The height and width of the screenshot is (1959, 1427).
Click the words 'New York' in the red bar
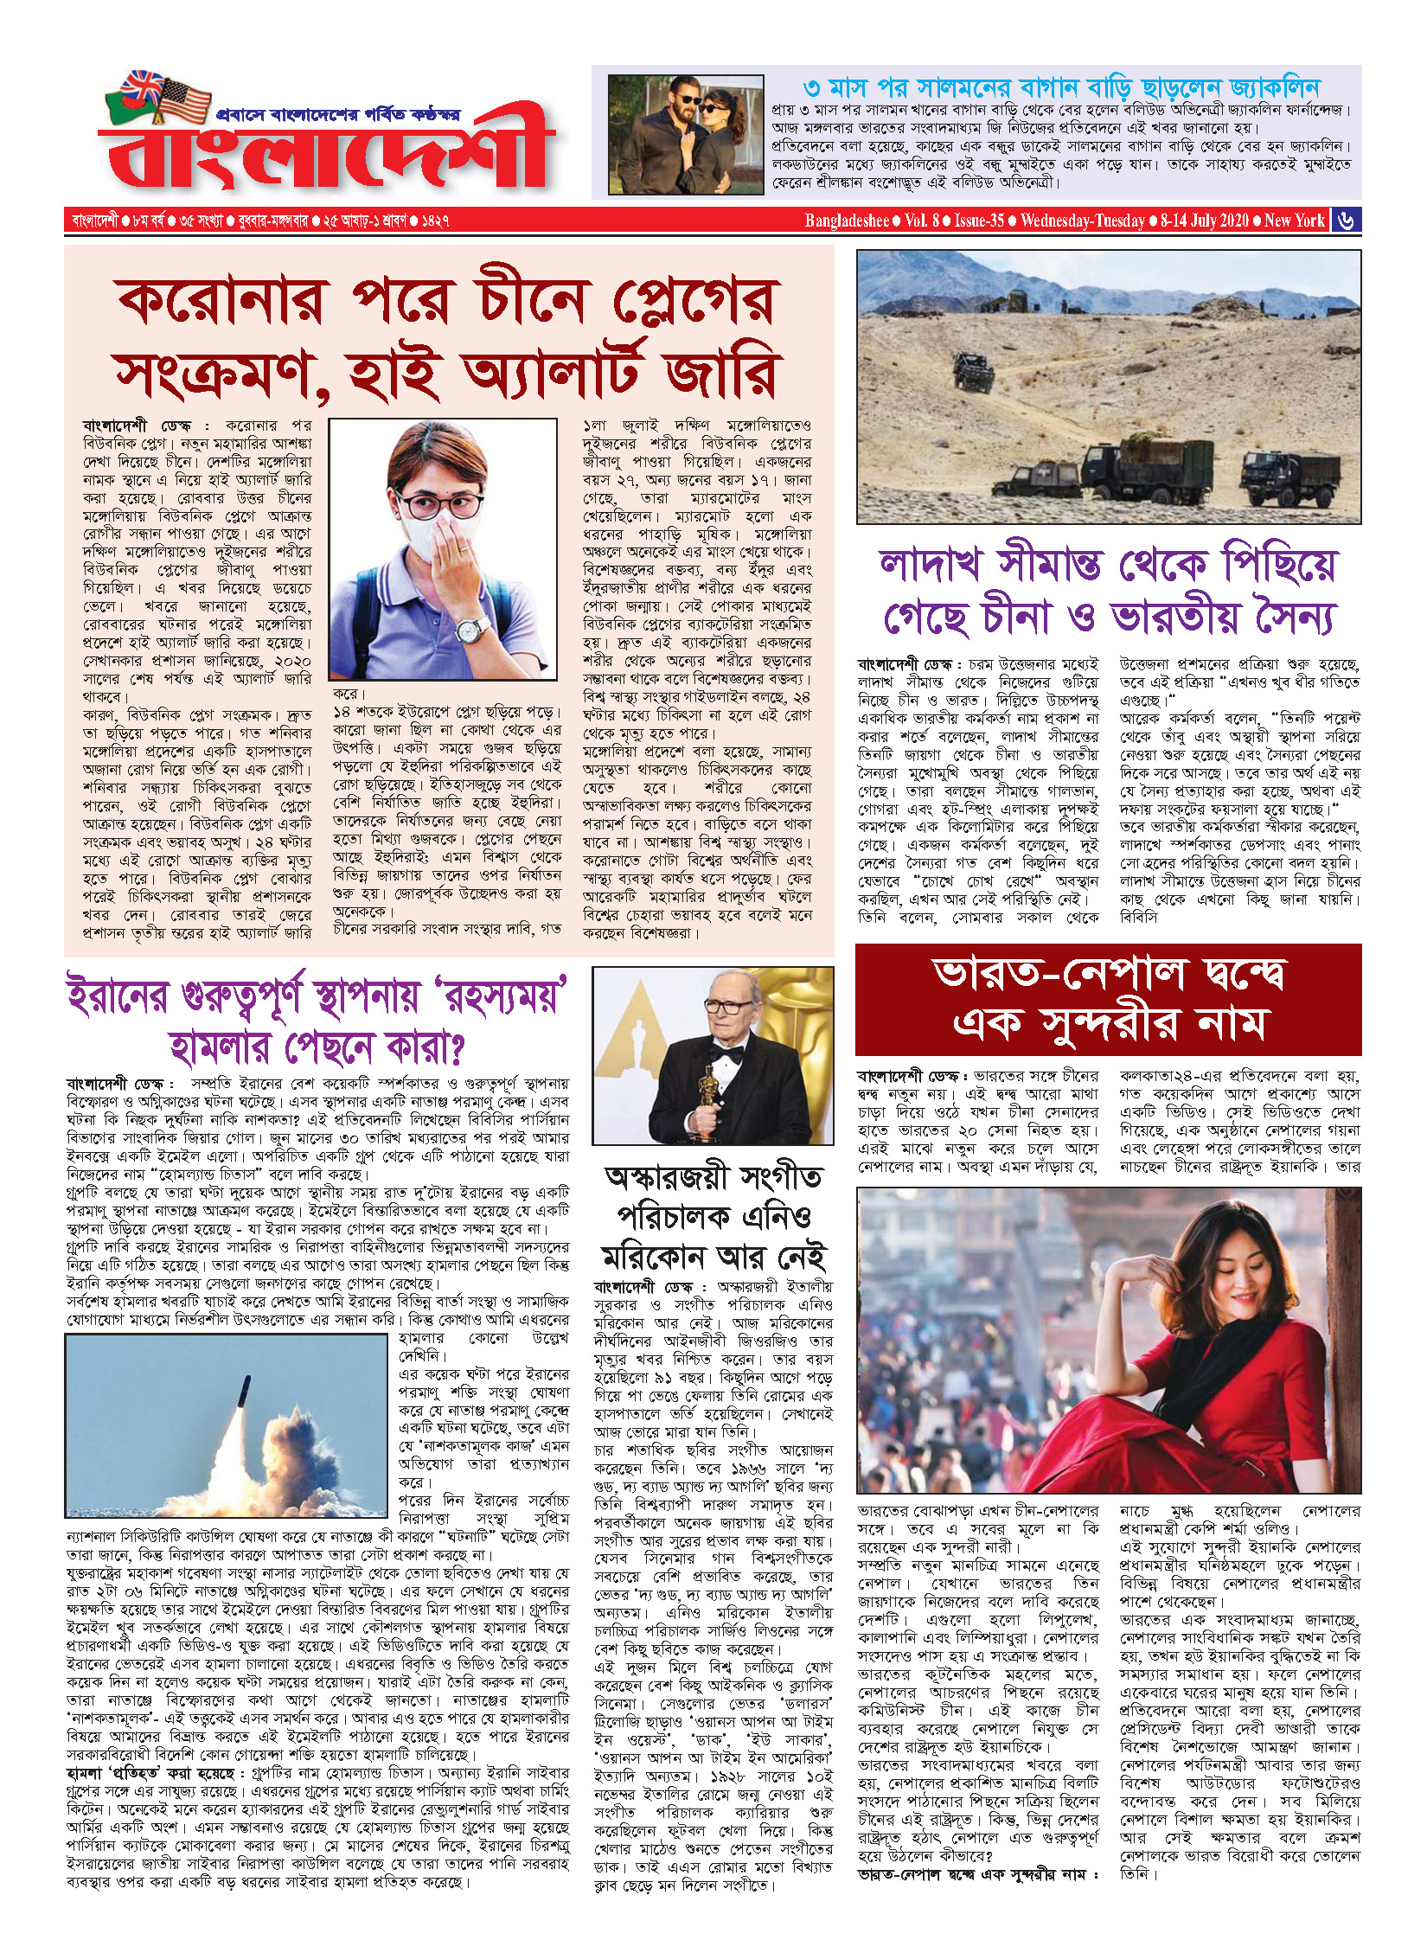(1294, 221)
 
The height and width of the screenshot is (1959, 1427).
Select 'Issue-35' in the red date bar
(979, 221)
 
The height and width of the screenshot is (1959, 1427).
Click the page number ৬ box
(1346, 221)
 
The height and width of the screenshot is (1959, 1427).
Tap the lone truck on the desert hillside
(974, 372)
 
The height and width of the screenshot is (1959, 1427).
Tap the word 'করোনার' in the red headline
(221, 302)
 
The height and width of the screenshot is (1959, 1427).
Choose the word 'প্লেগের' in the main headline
(696, 302)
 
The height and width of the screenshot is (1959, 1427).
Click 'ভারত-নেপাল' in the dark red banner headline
(1059, 974)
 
